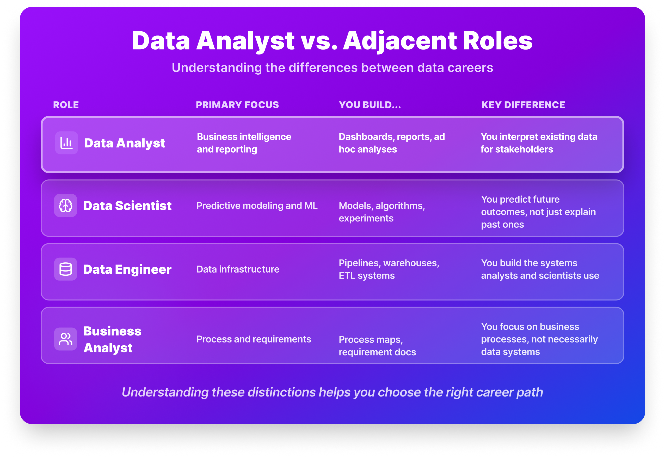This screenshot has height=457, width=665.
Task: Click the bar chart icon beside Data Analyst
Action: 66,143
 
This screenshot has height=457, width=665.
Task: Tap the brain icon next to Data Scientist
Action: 65,206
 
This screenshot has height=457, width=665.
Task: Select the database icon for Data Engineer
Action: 65,269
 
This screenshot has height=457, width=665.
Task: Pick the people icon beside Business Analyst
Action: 65,339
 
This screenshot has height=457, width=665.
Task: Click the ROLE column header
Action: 66,105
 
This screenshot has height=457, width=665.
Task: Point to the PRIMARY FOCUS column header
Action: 237,105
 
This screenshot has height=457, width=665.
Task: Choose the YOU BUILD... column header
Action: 370,105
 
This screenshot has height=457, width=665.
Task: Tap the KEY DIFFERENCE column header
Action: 523,105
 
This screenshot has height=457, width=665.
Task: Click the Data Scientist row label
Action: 127,206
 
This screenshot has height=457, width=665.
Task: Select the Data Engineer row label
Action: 127,269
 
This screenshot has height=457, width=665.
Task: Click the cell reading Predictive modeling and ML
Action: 257,206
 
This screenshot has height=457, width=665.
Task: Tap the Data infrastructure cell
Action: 238,269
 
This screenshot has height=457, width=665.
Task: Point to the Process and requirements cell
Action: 254,339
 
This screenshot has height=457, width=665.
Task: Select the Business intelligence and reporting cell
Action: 244,143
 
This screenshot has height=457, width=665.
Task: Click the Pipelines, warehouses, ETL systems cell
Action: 389,269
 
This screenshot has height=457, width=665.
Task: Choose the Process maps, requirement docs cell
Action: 377,346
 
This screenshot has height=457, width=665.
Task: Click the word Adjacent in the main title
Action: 400,41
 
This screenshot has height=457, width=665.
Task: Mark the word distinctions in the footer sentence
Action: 282,393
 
